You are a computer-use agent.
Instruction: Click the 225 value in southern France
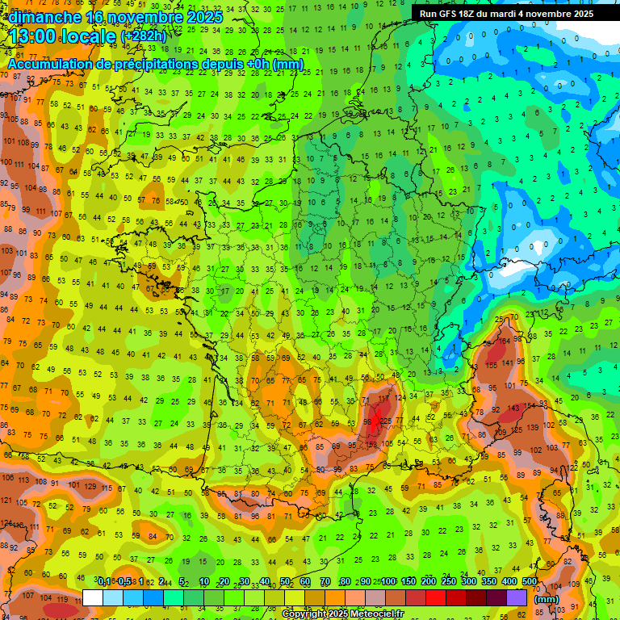(x=386, y=420)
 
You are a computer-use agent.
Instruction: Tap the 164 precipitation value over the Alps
(x=505, y=341)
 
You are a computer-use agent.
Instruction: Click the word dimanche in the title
(x=45, y=16)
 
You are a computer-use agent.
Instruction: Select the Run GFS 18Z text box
(x=506, y=14)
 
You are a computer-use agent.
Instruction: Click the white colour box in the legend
(x=93, y=598)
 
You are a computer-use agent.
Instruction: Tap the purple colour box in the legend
(x=517, y=598)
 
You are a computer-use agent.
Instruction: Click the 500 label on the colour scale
(x=530, y=582)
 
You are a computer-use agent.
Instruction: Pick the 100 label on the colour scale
(x=388, y=582)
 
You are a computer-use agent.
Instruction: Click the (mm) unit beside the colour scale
(x=547, y=599)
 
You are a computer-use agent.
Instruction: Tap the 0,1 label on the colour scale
(x=104, y=582)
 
